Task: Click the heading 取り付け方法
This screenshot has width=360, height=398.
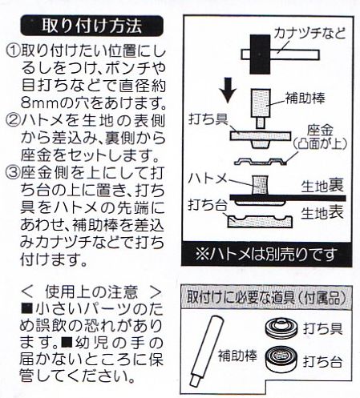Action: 91,26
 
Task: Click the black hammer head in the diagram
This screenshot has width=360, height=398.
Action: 260,54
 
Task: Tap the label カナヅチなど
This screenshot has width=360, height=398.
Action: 310,34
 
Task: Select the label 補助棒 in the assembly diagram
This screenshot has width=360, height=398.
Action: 305,98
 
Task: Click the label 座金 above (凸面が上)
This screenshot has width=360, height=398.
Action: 320,131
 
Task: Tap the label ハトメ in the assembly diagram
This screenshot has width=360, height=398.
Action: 208,179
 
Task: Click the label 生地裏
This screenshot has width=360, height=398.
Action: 322,186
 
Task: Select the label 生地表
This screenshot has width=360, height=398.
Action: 322,213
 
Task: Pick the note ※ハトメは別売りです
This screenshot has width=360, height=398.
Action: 266,254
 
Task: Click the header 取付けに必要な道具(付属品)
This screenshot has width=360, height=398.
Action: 266,297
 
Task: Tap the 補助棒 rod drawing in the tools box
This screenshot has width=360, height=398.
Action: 206,351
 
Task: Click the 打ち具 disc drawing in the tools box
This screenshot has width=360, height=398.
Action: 281,327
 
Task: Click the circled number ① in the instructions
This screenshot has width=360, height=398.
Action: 13,51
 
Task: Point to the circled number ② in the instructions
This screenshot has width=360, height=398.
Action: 13,122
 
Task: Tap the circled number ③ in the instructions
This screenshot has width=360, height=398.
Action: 13,173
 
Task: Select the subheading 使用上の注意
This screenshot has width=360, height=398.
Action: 91,292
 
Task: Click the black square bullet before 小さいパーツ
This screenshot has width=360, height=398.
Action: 26,309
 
